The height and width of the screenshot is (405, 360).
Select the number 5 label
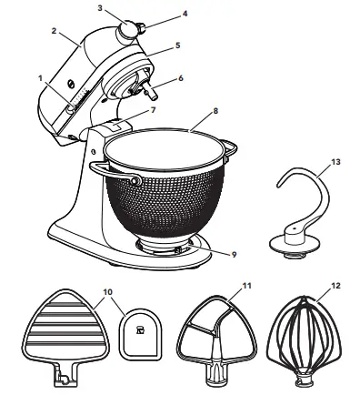[x=178, y=45]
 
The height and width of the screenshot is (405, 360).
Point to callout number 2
[x=54, y=30]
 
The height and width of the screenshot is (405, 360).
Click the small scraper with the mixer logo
[x=142, y=336]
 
